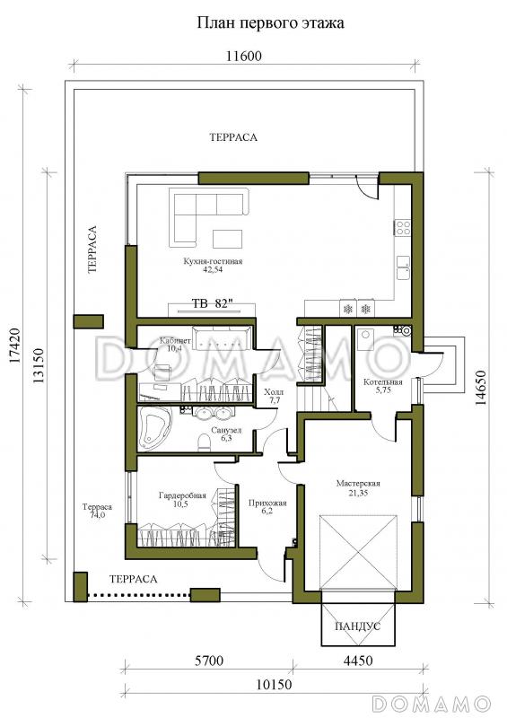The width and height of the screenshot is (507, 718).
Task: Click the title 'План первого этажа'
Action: coord(270,23)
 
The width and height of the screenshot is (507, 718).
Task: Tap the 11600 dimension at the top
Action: coord(244,56)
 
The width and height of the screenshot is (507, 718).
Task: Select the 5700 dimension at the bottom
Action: coord(209,661)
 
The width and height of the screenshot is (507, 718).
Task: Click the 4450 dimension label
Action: coord(358,661)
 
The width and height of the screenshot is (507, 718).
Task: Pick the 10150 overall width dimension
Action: coord(274,685)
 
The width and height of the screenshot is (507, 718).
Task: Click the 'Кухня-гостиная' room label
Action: coord(213,261)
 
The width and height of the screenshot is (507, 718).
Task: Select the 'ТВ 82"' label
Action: coord(212,303)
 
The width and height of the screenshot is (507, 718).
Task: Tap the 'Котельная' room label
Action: coord(383,382)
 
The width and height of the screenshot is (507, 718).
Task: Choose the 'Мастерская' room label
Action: coord(358,483)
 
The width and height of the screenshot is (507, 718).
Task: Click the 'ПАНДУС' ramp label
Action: coord(357,626)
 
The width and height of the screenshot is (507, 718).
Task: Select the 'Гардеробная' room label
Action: coord(182,495)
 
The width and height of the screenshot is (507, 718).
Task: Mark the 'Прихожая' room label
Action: coord(267,503)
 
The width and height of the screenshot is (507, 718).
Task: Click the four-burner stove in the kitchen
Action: coord(403,228)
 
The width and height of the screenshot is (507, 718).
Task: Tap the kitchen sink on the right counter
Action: coord(403,267)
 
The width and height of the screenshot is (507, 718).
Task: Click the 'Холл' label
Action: coord(274,392)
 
